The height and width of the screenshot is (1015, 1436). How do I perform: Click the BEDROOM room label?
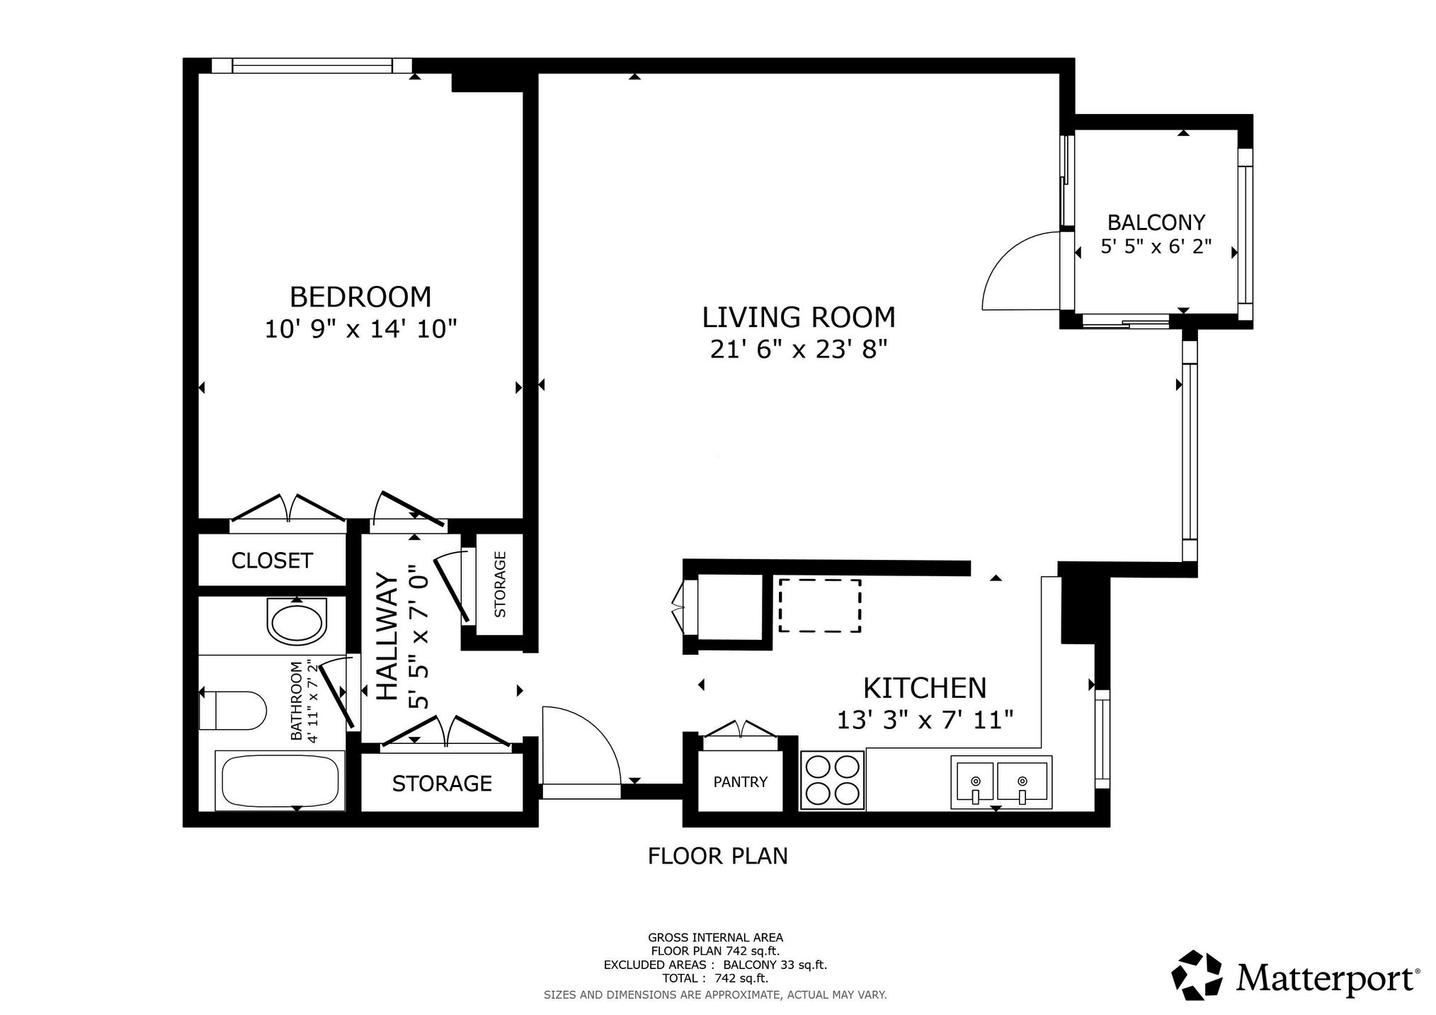360,297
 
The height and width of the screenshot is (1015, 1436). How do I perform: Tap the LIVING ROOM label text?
799,317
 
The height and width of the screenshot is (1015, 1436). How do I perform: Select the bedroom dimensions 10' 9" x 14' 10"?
360,329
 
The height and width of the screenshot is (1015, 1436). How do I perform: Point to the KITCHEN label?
925,688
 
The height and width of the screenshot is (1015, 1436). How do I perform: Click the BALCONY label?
1156,223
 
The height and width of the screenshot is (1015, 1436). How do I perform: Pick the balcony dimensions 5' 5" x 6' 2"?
1156,247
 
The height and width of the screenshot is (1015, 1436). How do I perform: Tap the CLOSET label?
272,561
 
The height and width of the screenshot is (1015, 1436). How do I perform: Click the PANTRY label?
741,781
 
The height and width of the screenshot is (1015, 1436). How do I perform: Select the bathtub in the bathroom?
280,781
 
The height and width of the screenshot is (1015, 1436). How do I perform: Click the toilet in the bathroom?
232,710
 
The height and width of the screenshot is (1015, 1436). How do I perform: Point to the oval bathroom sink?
297,621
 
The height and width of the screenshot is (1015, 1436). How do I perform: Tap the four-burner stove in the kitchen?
833,781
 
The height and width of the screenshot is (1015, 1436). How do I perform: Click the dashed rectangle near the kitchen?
820,605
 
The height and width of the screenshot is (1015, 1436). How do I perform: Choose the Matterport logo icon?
1197,975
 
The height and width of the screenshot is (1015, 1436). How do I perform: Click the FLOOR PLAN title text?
718,856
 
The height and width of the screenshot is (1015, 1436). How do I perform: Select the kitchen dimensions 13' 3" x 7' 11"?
925,721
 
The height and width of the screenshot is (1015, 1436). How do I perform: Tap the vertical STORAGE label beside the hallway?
500,585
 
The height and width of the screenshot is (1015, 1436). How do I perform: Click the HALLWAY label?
387,636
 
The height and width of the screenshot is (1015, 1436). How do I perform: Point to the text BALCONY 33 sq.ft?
775,964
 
